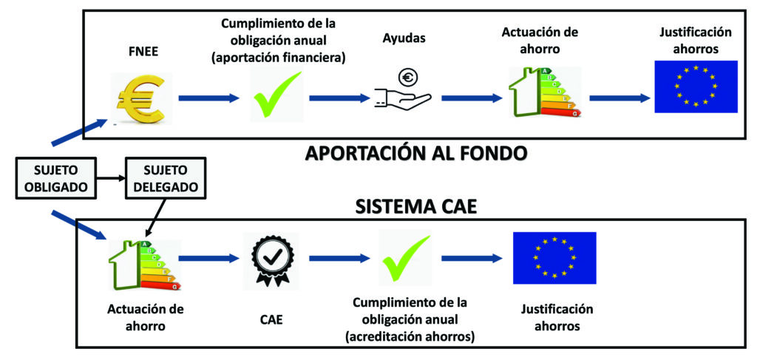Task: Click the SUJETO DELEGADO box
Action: pos(166,178)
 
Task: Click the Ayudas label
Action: pos(404,38)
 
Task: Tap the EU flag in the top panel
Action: pos(696,87)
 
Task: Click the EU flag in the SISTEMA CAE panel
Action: pos(554,258)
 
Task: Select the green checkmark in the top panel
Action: pos(276,95)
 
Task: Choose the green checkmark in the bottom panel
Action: pos(406,259)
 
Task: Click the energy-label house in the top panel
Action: pos(544,92)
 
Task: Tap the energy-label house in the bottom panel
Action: pos(144,265)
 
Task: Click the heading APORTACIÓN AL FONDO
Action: pos(415,154)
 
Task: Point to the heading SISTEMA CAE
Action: pos(416,207)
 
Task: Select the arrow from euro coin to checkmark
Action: pos(208,98)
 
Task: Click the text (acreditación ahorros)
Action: pos(410,337)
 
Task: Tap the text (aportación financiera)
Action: pos(278,58)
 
